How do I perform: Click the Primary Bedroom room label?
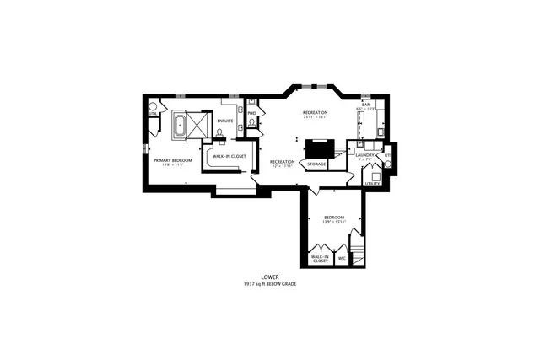pos(173,160)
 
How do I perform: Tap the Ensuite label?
pos(224,121)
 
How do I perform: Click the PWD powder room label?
pos(251,113)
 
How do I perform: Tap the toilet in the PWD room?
pos(251,124)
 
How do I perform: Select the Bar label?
pos(366,105)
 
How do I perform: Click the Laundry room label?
pos(365,155)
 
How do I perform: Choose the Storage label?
pos(316,164)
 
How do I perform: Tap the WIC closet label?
pos(342,258)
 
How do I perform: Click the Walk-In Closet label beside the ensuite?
pos(229,156)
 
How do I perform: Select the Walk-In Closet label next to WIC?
pos(320,259)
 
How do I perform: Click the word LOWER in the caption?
pos(270,276)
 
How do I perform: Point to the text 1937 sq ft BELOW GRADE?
pos(270,283)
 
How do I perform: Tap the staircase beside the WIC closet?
pos(358,253)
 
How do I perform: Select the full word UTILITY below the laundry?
pos(372,183)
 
